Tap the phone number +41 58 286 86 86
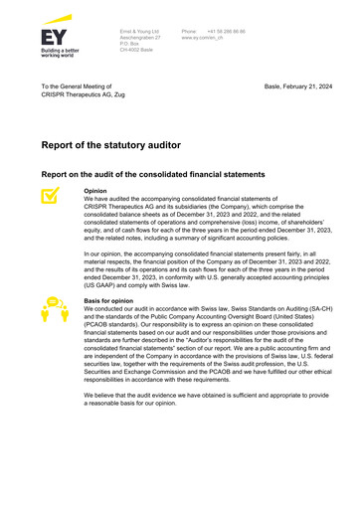click(x=226, y=33)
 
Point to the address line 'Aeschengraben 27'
click(x=138, y=40)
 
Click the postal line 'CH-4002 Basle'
click(x=136, y=54)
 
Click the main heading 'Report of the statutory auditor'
click(x=110, y=145)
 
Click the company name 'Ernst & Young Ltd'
click(x=140, y=33)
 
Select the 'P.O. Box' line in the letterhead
click(x=130, y=47)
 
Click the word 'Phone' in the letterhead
click(x=189, y=33)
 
